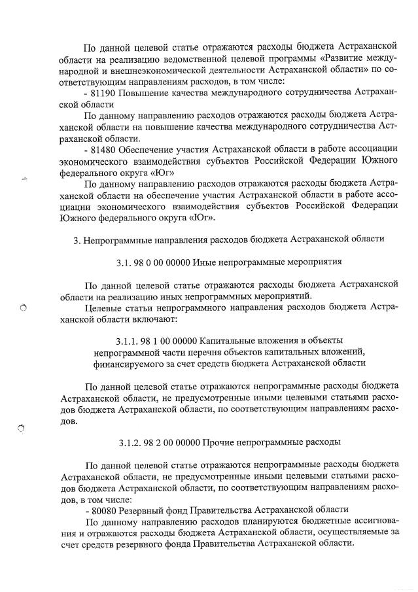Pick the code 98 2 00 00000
[x=173, y=442]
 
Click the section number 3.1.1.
[x=128, y=340]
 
